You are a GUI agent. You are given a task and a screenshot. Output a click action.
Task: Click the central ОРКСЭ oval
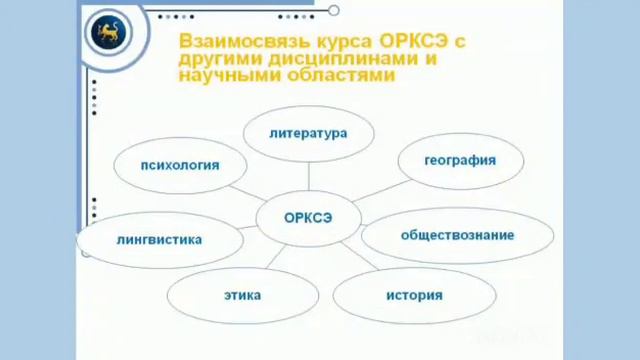click(308, 218)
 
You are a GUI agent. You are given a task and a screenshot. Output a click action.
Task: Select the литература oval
click(308, 133)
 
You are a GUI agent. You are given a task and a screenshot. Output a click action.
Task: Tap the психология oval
click(180, 165)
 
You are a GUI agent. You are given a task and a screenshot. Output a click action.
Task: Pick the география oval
click(459, 160)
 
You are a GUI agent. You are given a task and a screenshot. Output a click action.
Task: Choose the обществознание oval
click(457, 236)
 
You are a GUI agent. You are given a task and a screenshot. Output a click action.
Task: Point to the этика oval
click(242, 295)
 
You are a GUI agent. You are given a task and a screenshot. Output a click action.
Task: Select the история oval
click(413, 295)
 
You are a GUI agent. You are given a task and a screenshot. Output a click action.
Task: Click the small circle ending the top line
click(334, 11)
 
